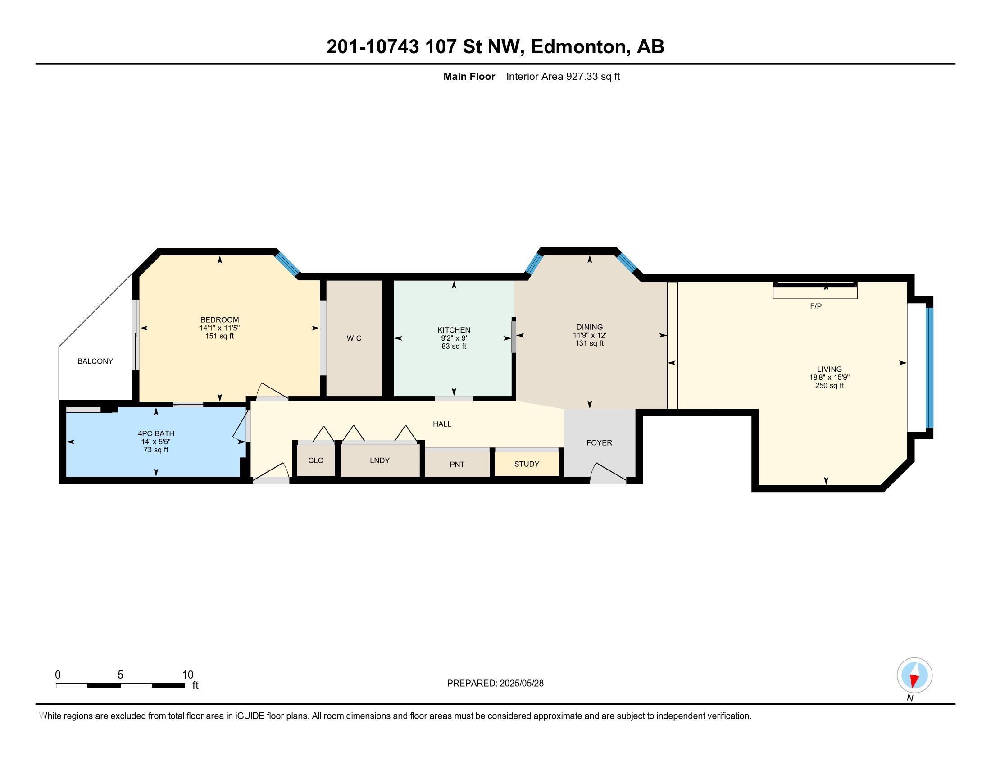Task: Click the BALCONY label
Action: coord(95,361)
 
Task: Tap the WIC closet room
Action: coord(354,338)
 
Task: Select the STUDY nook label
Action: coord(526,464)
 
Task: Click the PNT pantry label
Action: coord(457,464)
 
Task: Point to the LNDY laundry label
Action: coord(379,460)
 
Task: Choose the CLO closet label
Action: coord(315,460)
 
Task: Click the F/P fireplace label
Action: coord(815,306)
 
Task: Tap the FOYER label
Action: coord(599,442)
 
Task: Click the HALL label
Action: coord(441,424)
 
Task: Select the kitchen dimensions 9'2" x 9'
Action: coord(454,338)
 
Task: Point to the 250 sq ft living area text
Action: coord(829,386)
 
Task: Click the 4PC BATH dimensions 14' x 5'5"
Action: coord(156,442)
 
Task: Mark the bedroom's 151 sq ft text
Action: coord(219,336)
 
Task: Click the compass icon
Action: coord(914,675)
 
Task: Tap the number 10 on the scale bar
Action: coord(187,675)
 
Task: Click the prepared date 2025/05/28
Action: coord(521,683)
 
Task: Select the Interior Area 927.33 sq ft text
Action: coord(563,76)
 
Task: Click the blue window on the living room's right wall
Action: coord(929,368)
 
